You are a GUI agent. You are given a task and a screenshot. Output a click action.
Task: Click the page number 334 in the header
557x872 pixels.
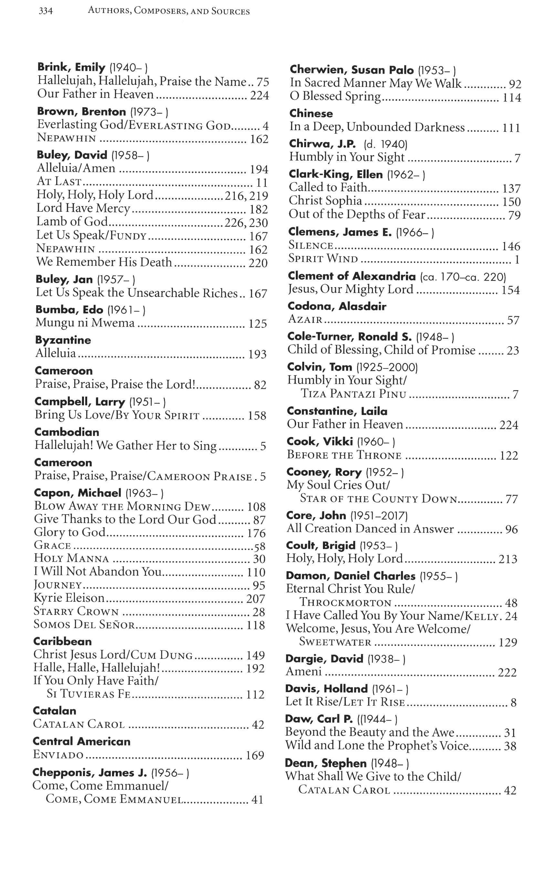point(46,11)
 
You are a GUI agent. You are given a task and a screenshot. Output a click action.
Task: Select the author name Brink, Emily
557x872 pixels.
point(71,67)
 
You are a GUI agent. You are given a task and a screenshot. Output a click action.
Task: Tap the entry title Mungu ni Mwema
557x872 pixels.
point(85,323)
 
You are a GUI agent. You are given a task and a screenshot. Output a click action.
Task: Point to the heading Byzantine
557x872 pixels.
point(63,340)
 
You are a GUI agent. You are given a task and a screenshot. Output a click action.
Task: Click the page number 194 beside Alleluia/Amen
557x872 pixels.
point(259,170)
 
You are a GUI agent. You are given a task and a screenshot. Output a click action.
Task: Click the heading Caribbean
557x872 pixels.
point(62,641)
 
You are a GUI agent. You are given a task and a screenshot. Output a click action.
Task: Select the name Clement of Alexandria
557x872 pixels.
point(352,276)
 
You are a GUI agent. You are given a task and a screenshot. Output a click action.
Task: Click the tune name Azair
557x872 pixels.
point(305,319)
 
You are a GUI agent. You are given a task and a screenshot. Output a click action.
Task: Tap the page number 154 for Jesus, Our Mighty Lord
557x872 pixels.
point(511,290)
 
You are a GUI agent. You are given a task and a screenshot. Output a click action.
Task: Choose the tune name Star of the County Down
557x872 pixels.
point(378,499)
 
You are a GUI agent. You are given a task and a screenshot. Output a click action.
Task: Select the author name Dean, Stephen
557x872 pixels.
point(325,763)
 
